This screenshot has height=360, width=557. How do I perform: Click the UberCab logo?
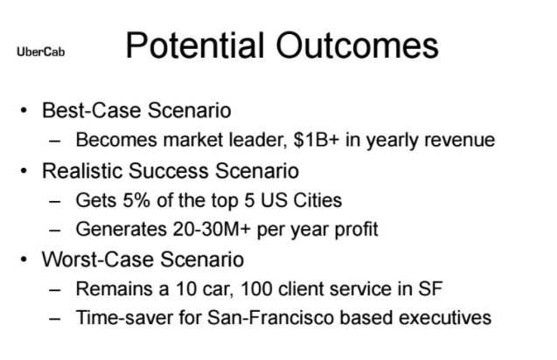tap(41, 52)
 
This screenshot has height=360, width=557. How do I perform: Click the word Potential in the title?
tap(195, 45)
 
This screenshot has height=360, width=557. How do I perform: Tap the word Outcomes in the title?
tap(358, 45)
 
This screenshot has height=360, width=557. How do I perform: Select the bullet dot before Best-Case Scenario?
tap(24, 110)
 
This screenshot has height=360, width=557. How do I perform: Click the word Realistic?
tap(82, 170)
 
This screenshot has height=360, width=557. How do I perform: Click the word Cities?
tap(317, 200)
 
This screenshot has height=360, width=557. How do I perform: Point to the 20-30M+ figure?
tap(212, 229)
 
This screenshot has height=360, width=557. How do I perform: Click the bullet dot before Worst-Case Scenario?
tap(24, 260)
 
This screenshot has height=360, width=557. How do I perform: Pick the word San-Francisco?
tap(270, 317)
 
